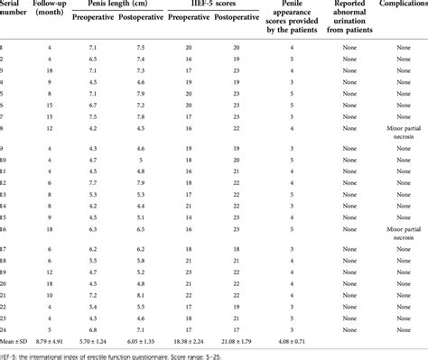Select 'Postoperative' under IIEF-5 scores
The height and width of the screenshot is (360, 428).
point(239,25)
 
